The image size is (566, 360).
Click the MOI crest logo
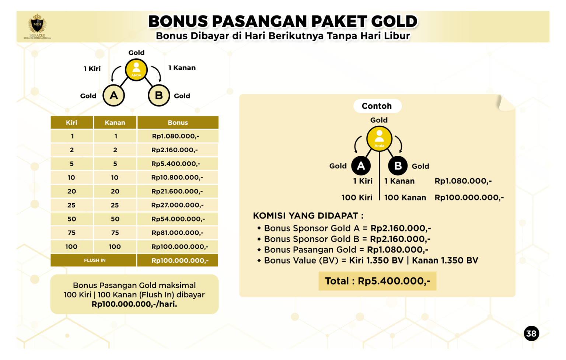coord(37,25)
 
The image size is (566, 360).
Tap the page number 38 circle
coord(531,333)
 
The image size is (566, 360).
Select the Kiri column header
coord(71,123)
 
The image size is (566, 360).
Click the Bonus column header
coord(178,123)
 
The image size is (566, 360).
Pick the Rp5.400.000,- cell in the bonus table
coord(176,164)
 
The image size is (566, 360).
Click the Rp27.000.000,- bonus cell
coord(177,205)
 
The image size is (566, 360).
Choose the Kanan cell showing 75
coord(115,233)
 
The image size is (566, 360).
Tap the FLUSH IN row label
coord(94,261)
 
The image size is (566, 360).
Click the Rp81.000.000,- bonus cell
coord(177,233)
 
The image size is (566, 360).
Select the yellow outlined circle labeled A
coord(114,95)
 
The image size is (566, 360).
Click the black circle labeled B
coord(398,166)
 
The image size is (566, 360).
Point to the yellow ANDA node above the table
coord(136,70)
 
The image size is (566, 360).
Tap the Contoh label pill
coord(377,106)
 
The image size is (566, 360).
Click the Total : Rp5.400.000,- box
coord(377,281)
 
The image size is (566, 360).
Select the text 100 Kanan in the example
coord(405,198)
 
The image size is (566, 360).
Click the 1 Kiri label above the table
coord(92,69)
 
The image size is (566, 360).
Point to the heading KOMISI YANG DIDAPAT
coord(308,216)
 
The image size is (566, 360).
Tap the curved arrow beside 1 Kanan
coord(157,73)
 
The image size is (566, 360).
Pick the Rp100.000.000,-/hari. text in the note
coord(134,304)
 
